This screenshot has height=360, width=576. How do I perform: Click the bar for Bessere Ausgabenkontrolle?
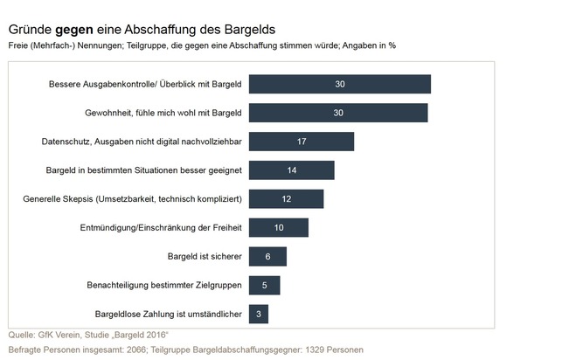(x=339, y=84)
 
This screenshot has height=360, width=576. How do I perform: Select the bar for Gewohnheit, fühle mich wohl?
(x=338, y=113)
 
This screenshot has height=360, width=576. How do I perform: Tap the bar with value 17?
(x=302, y=142)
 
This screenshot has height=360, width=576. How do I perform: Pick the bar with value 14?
(x=291, y=170)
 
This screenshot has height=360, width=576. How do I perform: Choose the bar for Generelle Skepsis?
(x=286, y=198)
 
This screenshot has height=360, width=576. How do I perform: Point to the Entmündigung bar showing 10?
(x=279, y=227)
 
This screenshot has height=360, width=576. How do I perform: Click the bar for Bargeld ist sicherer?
(x=267, y=256)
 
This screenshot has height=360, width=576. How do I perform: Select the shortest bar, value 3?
(x=259, y=313)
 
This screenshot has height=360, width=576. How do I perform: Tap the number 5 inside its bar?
(x=264, y=285)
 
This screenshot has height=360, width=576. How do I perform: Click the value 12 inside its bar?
(x=286, y=198)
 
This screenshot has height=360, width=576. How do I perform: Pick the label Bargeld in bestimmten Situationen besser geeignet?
(x=144, y=170)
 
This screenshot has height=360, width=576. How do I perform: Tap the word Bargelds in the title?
(x=251, y=29)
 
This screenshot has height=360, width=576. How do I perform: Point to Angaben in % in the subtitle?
(x=373, y=45)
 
